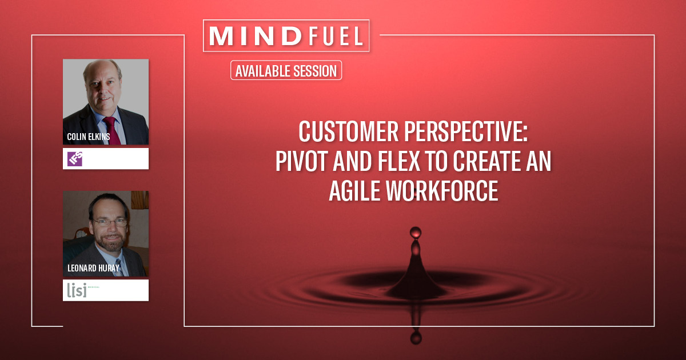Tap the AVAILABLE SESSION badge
tap(286, 71)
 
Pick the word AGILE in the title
tap(357, 192)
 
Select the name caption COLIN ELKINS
tap(89, 137)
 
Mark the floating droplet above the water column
tap(416, 231)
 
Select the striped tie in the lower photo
tap(118, 267)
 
